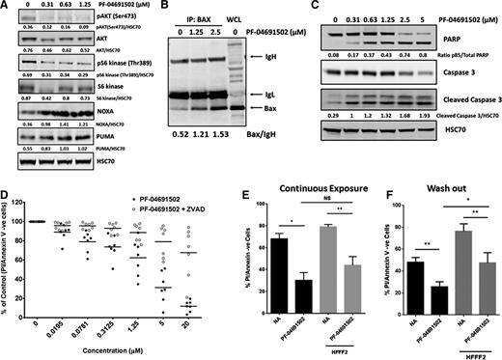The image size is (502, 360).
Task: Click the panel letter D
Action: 7,193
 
